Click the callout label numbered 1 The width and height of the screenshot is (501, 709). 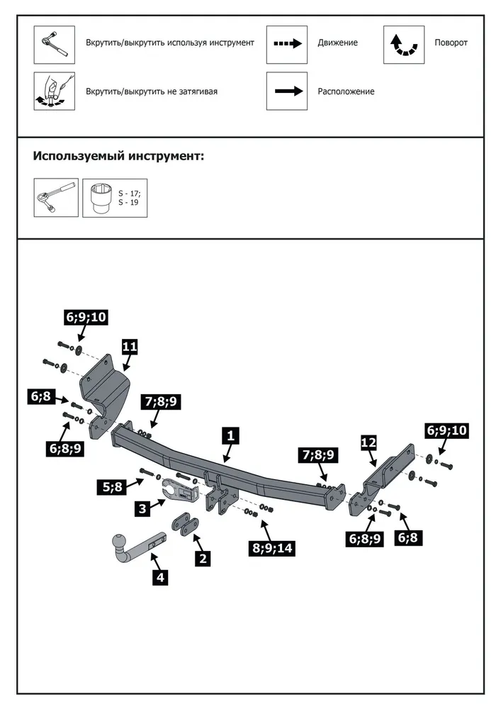(x=231, y=436)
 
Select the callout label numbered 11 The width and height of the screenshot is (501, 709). (x=129, y=347)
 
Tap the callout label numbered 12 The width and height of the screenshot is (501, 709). (x=368, y=442)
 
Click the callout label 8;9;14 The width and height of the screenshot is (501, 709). (x=273, y=548)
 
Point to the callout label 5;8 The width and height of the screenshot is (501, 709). (x=113, y=486)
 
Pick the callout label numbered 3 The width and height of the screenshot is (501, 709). (x=142, y=508)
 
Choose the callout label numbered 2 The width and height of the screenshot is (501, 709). (x=203, y=559)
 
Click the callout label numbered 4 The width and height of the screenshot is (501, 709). (x=160, y=577)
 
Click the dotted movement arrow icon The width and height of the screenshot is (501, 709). (x=287, y=44)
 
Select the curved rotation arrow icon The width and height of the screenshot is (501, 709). (x=404, y=45)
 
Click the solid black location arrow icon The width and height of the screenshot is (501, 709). (x=288, y=91)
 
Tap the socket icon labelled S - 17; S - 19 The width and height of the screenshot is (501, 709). (x=115, y=198)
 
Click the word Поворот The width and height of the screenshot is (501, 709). (x=451, y=43)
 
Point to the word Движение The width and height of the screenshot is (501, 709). (x=337, y=43)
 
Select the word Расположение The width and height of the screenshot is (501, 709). (x=346, y=91)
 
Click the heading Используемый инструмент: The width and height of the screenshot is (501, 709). (x=118, y=157)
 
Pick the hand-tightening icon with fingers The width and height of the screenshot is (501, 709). (x=55, y=91)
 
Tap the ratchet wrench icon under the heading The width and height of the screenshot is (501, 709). (x=56, y=198)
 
